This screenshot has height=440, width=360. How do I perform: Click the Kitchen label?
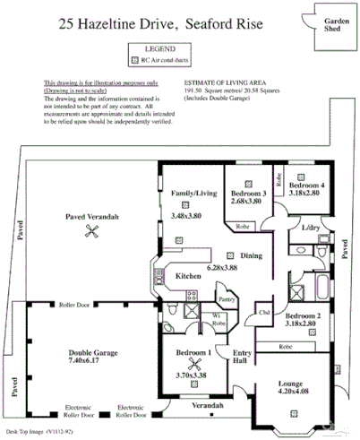click(x=188, y=275)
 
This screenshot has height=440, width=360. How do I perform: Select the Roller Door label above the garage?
click(x=74, y=305)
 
